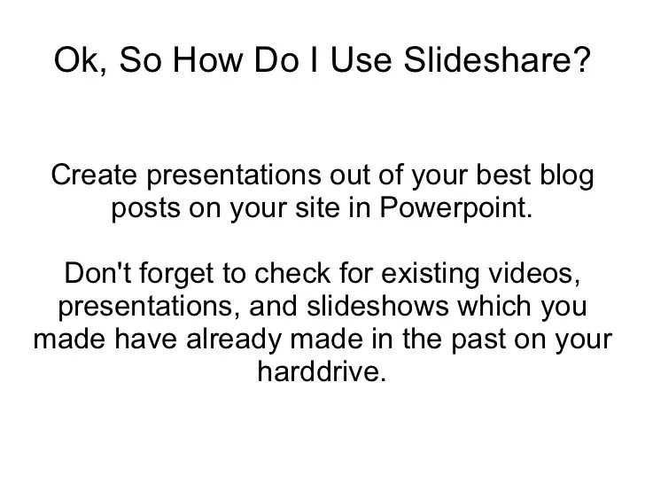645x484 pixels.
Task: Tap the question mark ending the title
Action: (580, 61)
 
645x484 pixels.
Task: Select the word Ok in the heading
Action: (74, 61)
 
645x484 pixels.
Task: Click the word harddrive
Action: (322, 371)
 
